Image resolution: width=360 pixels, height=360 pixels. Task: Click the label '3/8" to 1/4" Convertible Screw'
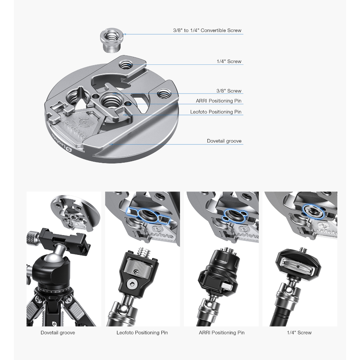pyautogui.click(x=207, y=30)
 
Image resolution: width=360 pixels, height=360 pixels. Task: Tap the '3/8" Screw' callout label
pyautogui.click(x=229, y=91)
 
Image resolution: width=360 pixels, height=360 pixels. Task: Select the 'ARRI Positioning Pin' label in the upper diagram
pyautogui.click(x=219, y=101)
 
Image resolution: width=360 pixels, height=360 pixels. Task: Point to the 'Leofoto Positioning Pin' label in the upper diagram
pyautogui.click(x=216, y=112)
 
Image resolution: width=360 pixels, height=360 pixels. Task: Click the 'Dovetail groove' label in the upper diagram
pyautogui.click(x=224, y=141)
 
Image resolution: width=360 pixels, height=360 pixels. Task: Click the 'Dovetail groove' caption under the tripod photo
pyautogui.click(x=58, y=333)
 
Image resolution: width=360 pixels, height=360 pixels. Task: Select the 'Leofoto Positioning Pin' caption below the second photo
pyautogui.click(x=142, y=333)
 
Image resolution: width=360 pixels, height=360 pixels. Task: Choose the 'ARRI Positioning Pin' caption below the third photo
pyautogui.click(x=221, y=333)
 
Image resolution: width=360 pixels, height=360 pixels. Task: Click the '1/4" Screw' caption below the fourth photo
pyautogui.click(x=299, y=333)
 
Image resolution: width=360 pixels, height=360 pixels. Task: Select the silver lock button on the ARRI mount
pyautogui.click(x=226, y=286)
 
